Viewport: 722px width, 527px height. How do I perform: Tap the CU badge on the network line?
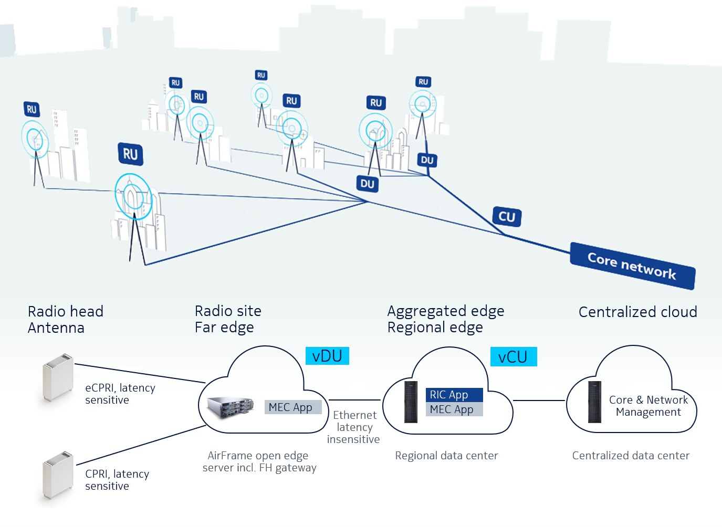click(507, 216)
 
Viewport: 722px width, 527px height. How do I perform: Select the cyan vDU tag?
click(327, 356)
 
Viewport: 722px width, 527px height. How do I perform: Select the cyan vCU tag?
click(513, 357)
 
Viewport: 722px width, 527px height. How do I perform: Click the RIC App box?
click(454, 395)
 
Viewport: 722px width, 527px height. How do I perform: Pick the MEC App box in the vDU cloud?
click(292, 407)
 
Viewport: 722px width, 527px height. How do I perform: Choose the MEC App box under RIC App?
click(454, 409)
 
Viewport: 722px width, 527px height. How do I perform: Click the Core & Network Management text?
click(648, 406)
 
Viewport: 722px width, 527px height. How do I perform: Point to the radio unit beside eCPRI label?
click(57, 377)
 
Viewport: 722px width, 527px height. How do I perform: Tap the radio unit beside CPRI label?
click(57, 475)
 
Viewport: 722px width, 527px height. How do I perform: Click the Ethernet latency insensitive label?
click(354, 427)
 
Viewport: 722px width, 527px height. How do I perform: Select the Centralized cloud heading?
click(637, 312)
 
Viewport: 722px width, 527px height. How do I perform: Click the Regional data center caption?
click(446, 456)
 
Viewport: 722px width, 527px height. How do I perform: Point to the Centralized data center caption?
click(631, 456)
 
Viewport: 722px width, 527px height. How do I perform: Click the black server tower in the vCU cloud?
click(411, 402)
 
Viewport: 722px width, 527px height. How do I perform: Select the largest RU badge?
click(130, 154)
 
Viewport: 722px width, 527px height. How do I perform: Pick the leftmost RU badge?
click(32, 109)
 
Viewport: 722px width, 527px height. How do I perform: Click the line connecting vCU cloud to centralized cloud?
click(539, 400)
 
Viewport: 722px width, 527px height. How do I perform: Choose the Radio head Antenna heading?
click(65, 319)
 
